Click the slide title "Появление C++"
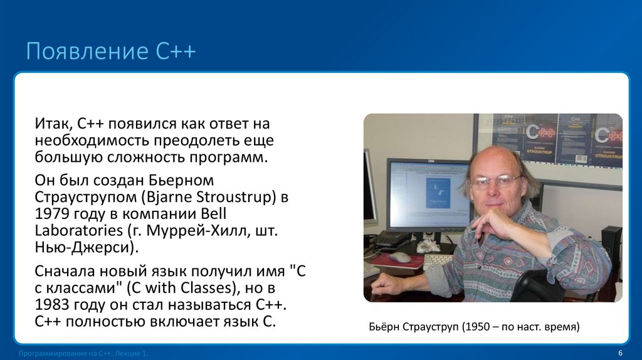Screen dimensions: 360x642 [x=111, y=51]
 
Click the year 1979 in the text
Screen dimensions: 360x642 [x=52, y=214]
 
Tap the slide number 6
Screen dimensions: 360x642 [x=620, y=352]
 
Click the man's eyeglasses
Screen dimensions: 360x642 [x=495, y=183]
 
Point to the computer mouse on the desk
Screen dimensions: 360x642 [x=399, y=257]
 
